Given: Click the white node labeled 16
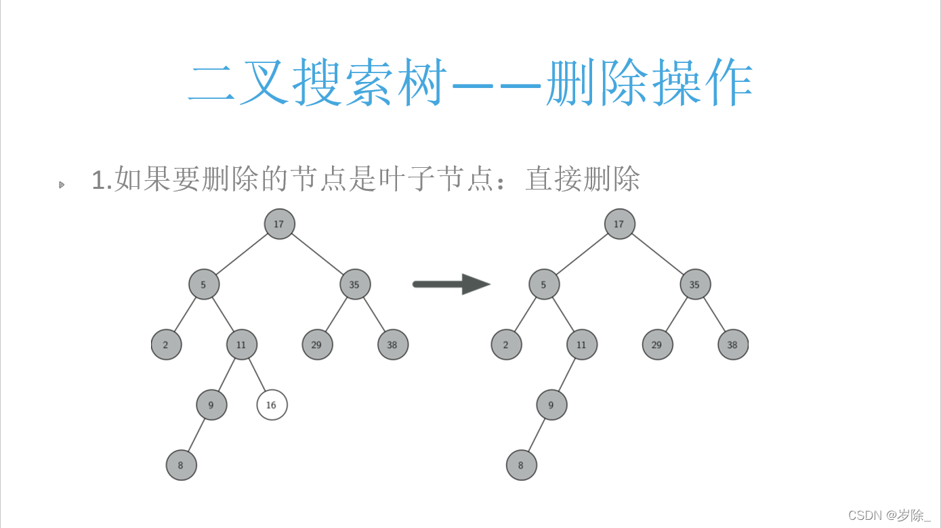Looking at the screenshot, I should click(272, 405).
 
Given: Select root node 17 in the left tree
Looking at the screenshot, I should click(279, 224).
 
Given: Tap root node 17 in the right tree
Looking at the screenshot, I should click(619, 224).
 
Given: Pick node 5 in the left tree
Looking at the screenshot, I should click(204, 284).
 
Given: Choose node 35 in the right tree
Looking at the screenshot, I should click(695, 284).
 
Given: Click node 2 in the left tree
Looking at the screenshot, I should click(166, 345).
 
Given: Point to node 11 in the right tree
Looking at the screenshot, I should click(582, 345).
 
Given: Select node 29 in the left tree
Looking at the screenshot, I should click(317, 345).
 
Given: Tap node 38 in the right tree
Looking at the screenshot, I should click(733, 345).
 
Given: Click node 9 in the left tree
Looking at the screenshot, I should click(211, 405).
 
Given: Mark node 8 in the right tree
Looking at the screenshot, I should click(521, 465).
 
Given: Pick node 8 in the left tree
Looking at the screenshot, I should click(181, 465).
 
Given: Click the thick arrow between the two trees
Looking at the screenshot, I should click(451, 284).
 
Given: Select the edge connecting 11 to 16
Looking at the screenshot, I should click(256, 374).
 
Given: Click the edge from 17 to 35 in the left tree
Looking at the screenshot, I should click(317, 254).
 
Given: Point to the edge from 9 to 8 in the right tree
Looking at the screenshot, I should click(536, 435).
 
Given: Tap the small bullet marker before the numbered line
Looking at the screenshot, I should click(62, 183).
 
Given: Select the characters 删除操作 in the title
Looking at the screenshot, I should click(650, 86).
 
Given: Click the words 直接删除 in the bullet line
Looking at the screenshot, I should click(582, 180).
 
